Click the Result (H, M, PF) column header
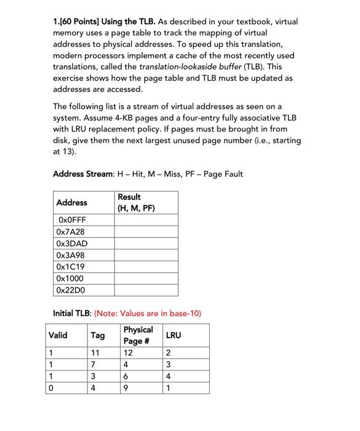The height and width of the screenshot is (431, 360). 136,202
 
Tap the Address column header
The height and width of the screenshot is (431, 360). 71,202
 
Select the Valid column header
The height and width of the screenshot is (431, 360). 58,335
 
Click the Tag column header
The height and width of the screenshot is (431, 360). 97,335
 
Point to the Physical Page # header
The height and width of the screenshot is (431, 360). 138,335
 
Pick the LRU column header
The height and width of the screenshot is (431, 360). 174,335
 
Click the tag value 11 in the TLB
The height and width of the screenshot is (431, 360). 95,353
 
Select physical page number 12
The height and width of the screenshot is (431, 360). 128,353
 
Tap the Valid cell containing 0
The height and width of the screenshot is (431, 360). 52,388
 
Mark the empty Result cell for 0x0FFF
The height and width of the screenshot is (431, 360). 145,220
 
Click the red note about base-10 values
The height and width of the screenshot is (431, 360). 148,313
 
